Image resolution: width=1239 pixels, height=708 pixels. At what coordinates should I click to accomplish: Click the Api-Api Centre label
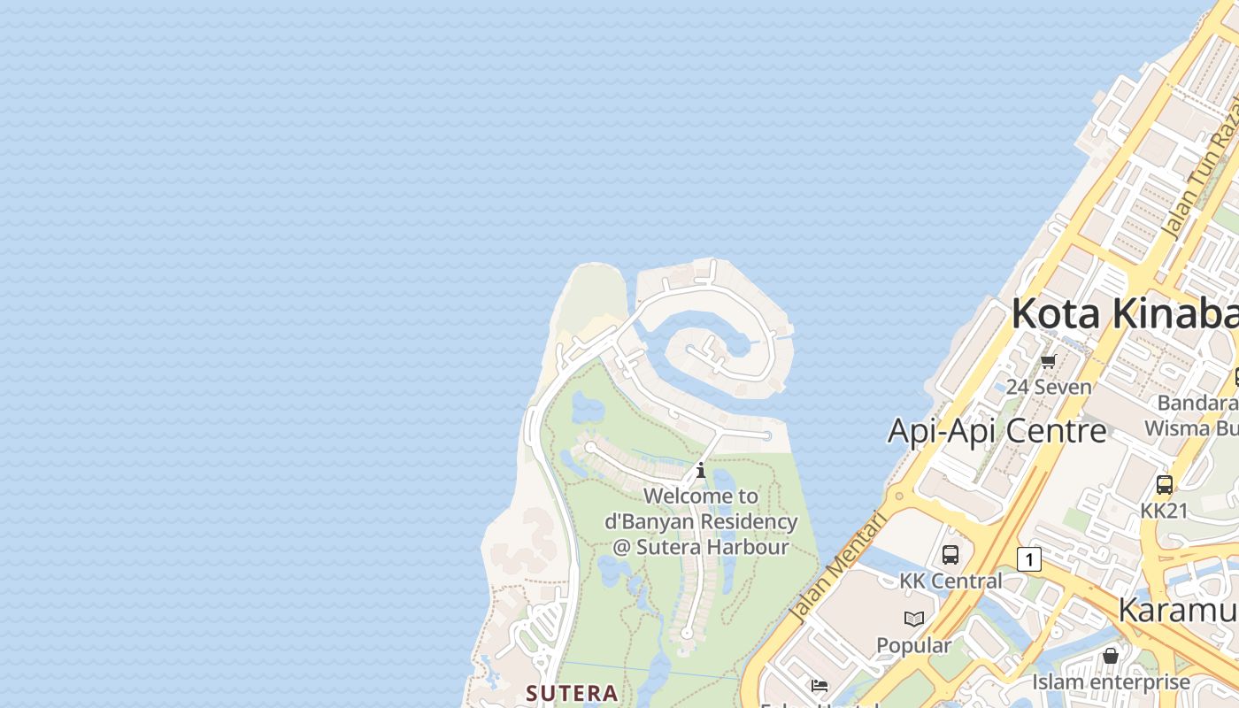(x=997, y=431)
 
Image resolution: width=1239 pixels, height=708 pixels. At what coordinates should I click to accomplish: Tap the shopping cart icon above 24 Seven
(x=1049, y=361)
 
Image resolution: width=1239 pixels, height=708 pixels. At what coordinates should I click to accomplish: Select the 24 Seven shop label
(x=1049, y=387)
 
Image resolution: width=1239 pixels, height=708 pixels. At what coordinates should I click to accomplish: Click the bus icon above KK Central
(x=950, y=555)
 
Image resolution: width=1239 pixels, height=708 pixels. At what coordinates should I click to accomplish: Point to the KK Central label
(x=950, y=581)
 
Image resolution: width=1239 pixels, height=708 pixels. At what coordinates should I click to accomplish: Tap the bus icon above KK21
(x=1165, y=485)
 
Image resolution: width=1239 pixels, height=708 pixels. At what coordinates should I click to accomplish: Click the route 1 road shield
(x=1028, y=559)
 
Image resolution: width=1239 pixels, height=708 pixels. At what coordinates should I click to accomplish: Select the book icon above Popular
(x=914, y=619)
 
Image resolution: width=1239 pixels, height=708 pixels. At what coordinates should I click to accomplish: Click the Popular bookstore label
(x=914, y=645)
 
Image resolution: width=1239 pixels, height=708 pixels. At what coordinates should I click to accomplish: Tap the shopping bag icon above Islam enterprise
(x=1111, y=656)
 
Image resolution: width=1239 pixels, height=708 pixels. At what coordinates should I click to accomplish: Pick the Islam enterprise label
(x=1111, y=682)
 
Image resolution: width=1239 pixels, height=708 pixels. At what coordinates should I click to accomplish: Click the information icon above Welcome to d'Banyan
(x=701, y=470)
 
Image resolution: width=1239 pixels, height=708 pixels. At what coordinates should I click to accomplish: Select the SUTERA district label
(x=572, y=693)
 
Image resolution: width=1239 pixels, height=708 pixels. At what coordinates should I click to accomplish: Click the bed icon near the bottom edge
(x=820, y=685)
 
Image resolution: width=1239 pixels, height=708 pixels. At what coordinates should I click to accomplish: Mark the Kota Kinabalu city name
(x=1124, y=313)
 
